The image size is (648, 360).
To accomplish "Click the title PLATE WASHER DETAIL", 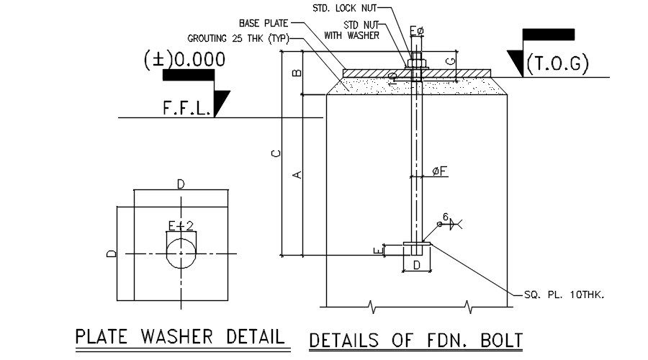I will click(x=180, y=336).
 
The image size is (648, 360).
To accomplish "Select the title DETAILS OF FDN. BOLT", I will click(x=415, y=340).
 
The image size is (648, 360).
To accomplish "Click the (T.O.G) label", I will click(x=557, y=65).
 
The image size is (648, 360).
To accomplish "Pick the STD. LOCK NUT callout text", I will click(x=343, y=8).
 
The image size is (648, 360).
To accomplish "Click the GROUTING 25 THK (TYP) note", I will click(x=238, y=37).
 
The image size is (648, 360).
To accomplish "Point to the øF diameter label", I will click(x=440, y=171).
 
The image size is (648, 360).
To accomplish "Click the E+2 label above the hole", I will click(x=181, y=226).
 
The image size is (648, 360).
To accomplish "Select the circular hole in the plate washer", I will click(x=181, y=253).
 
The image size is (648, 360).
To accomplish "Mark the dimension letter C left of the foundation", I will click(x=274, y=153).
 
